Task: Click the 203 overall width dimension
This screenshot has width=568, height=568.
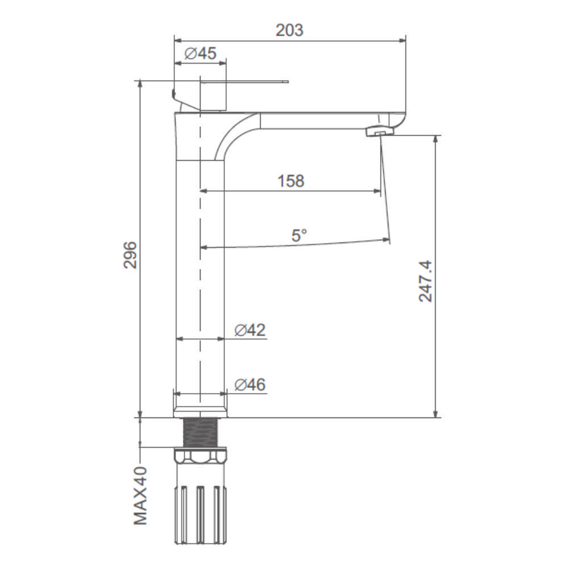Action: (x=290, y=31)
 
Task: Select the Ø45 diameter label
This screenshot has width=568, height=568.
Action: (x=201, y=53)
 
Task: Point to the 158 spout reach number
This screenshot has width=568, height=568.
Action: (x=291, y=181)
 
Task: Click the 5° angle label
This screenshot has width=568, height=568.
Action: (x=299, y=236)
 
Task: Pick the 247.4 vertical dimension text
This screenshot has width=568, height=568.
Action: (x=425, y=281)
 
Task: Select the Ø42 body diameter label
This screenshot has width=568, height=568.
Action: (x=250, y=330)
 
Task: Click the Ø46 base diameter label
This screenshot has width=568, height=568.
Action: (x=250, y=385)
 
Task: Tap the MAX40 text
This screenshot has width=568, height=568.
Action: (x=141, y=496)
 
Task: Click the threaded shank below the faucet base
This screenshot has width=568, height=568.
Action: (x=200, y=433)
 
